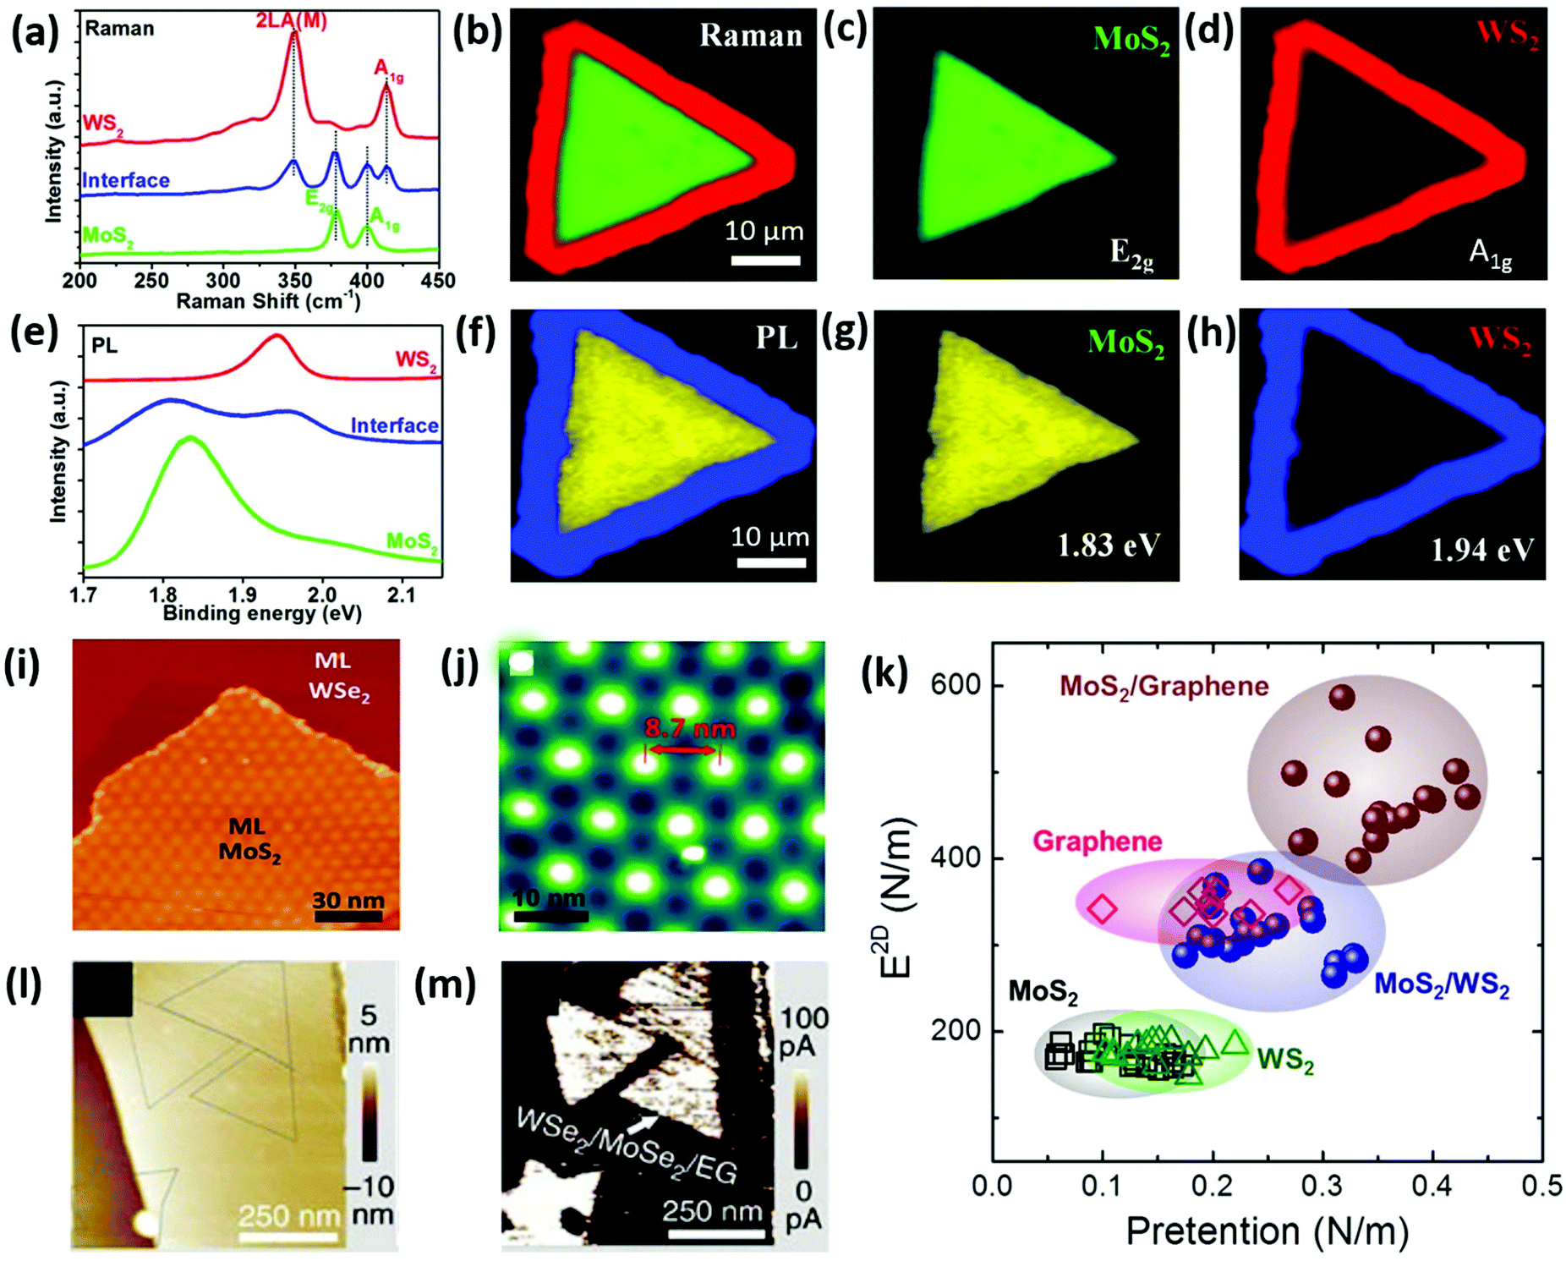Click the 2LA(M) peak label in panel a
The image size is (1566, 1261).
[x=291, y=20]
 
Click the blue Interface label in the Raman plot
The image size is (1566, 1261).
[x=126, y=180]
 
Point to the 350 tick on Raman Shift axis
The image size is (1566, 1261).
[x=294, y=280]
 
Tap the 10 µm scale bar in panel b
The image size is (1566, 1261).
[x=765, y=260]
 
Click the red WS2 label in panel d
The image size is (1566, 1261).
[x=1507, y=35]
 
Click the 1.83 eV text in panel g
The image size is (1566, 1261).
[x=1109, y=546]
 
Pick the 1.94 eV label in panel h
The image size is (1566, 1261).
[x=1481, y=551]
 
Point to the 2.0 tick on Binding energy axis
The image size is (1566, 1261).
[x=321, y=595]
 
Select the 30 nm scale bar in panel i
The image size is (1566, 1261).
[x=348, y=915]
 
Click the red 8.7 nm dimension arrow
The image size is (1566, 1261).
[x=682, y=749]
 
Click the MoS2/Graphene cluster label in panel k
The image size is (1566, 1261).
[x=1164, y=686]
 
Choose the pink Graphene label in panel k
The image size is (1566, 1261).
[x=1097, y=841]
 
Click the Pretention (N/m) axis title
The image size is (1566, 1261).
[x=1267, y=1231]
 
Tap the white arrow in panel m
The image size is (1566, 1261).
[x=643, y=1123]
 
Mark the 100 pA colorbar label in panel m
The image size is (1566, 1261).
[x=802, y=1032]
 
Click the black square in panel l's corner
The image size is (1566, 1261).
[x=102, y=988]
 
